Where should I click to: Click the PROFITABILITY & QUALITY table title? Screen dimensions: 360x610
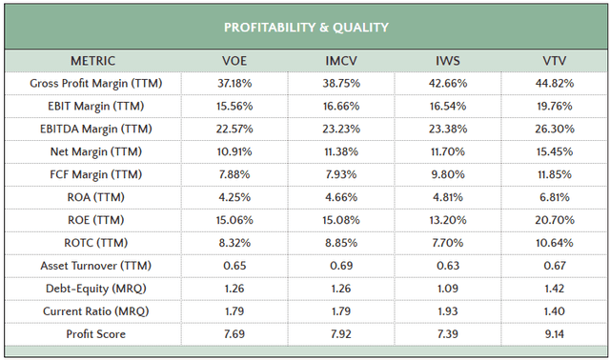(x=305, y=27)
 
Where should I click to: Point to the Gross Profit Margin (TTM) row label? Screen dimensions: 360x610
(x=95, y=84)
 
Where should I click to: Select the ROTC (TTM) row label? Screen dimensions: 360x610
(x=95, y=243)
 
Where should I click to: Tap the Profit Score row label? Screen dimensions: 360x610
(x=95, y=334)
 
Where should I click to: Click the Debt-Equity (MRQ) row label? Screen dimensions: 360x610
(x=95, y=289)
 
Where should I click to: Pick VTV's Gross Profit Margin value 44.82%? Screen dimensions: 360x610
(x=554, y=84)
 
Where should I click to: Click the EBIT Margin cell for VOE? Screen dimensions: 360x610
(x=234, y=107)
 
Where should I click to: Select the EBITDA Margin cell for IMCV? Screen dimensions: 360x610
(x=340, y=130)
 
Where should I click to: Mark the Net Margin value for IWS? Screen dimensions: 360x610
(x=447, y=152)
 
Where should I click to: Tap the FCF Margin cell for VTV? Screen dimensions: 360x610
(x=554, y=175)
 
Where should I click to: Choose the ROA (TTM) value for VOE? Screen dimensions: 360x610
(x=234, y=198)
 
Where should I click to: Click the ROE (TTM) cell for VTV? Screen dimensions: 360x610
(x=554, y=220)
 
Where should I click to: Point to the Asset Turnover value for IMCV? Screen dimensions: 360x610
(x=340, y=266)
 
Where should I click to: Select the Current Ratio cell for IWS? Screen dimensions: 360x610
(x=447, y=311)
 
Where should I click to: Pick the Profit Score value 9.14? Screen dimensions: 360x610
(x=554, y=334)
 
